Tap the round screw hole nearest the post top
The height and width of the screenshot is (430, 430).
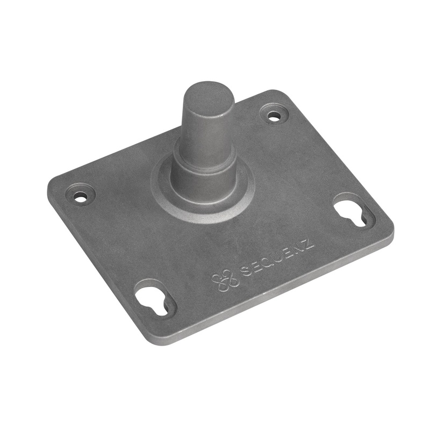tap(274, 115)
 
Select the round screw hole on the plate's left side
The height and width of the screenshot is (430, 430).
tap(81, 197)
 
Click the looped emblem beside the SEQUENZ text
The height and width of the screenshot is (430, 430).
tap(224, 281)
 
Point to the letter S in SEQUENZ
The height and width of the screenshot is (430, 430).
tap(245, 271)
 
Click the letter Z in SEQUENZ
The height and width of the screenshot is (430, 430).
tap(308, 245)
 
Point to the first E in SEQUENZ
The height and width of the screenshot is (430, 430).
tap(255, 267)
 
